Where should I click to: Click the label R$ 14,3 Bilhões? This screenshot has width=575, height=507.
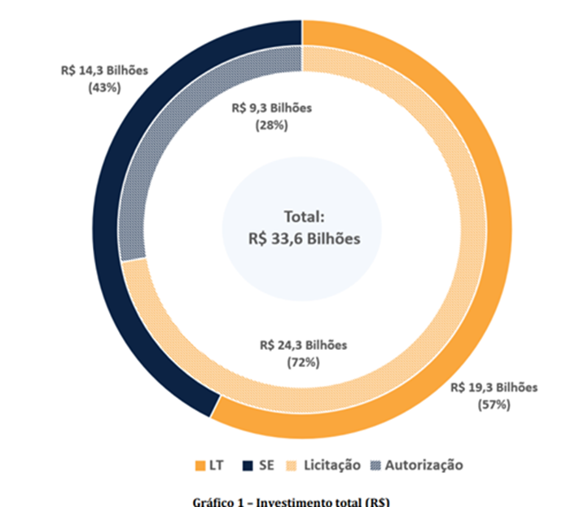104,70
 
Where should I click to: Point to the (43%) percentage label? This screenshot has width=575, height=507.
104,87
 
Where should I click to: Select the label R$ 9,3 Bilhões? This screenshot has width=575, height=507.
272,107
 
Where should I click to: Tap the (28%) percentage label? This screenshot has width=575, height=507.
272,125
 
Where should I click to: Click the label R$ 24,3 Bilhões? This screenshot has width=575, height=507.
303,345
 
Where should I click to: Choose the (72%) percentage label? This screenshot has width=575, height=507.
303,362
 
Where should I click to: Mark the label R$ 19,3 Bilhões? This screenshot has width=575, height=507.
494,387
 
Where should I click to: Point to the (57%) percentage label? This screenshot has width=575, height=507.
494,404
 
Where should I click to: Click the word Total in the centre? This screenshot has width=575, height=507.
303,217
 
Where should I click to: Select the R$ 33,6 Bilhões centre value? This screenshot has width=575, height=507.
304,238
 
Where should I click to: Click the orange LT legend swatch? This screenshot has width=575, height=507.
200,465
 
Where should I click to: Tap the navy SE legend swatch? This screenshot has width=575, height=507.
246,465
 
